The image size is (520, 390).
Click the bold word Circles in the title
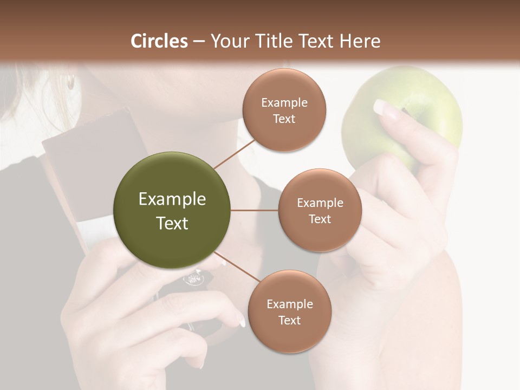point(159,41)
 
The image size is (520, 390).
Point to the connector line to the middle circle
point(255,210)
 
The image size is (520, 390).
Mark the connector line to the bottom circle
point(237,267)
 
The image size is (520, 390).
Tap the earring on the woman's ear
point(70,82)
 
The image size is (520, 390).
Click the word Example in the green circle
point(172,199)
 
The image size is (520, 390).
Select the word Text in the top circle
point(284,119)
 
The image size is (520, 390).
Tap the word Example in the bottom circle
point(289,304)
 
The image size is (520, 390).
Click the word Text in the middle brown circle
point(320,219)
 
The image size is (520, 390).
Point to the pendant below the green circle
point(194,279)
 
